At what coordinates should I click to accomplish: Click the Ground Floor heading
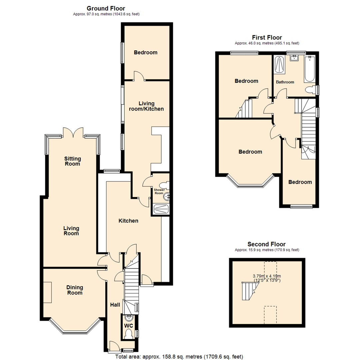click(x=106, y=8)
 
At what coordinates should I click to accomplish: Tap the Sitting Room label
click(x=72, y=161)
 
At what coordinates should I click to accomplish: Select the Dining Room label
click(x=75, y=290)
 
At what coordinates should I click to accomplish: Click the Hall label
click(x=116, y=305)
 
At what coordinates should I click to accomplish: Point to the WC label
click(x=128, y=325)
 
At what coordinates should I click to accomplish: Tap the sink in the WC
click(x=128, y=318)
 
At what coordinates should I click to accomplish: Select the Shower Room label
click(x=159, y=191)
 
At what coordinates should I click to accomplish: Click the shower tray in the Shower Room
click(x=161, y=209)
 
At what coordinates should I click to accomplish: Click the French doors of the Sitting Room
click(x=73, y=133)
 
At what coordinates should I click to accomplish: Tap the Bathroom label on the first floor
click(x=285, y=82)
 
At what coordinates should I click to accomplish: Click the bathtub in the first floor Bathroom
click(x=309, y=69)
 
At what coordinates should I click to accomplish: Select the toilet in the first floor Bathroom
click(x=310, y=90)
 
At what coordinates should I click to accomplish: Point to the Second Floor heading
click(x=266, y=244)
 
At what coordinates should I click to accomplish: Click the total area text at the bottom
click(x=179, y=356)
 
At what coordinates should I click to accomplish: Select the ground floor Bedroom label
click(x=145, y=52)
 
